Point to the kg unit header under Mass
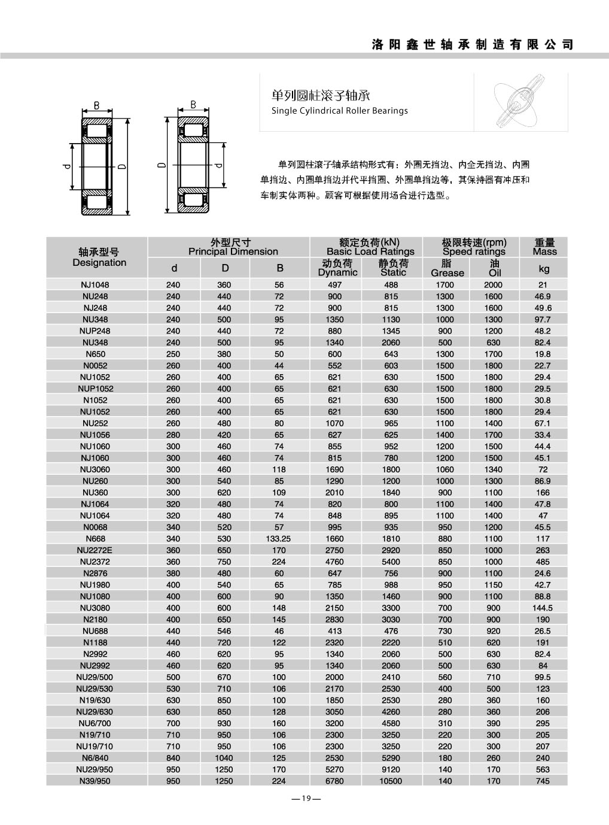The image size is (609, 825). (543, 269)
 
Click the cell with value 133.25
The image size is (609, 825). (279, 538)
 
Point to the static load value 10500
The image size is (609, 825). (391, 781)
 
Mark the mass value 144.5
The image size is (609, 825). (543, 608)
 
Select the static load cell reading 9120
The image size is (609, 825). (391, 769)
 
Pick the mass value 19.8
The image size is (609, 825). (543, 354)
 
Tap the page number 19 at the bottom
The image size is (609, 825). (304, 798)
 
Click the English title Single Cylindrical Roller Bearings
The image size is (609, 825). (339, 111)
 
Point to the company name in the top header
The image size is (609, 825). (472, 44)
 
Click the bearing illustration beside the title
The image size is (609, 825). (520, 102)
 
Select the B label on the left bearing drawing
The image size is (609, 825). (96, 106)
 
